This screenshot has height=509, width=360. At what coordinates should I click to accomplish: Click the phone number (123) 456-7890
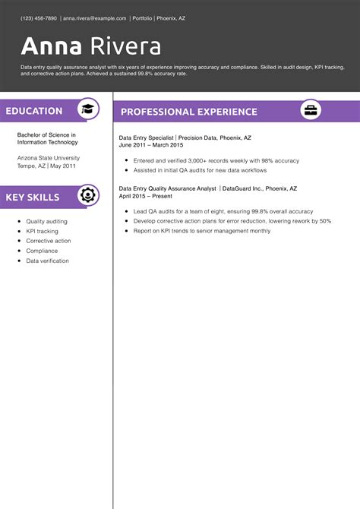(39, 17)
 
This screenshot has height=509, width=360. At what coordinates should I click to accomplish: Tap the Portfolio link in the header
(141, 17)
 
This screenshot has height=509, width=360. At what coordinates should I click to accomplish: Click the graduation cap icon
(88, 110)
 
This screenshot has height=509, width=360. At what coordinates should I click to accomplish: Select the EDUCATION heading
(34, 111)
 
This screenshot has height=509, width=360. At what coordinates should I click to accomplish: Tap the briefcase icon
(311, 111)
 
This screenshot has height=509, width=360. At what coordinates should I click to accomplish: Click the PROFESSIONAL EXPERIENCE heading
(188, 112)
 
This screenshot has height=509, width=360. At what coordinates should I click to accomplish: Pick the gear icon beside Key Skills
(88, 196)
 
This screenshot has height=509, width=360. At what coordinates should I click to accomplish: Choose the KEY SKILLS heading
(33, 197)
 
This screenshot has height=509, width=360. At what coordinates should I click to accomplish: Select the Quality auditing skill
(46, 221)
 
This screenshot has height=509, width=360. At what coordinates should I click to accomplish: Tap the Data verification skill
(47, 261)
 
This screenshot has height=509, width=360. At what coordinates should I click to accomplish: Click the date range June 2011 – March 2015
(151, 144)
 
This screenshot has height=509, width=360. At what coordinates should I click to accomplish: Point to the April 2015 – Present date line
(146, 195)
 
